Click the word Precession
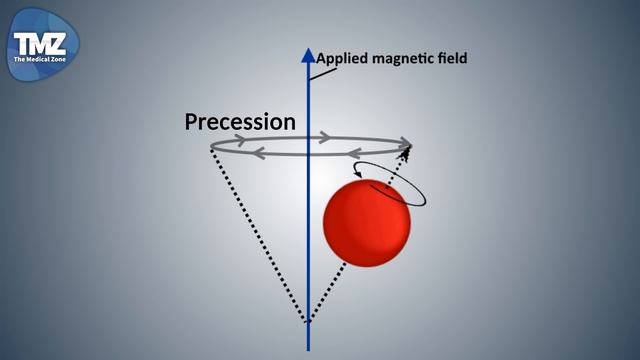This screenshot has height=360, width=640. point(240,122)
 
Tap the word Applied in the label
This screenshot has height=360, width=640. point(344,58)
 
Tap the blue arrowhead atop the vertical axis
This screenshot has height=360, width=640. point(308,56)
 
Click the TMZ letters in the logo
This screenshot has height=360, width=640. point(39,43)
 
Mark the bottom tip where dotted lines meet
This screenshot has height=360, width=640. point(308,323)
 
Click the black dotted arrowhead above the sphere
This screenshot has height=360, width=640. point(406,152)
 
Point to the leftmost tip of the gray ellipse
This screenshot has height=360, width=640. point(211,147)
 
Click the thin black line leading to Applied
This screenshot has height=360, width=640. point(314,69)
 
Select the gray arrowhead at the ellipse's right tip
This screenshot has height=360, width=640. point(405,141)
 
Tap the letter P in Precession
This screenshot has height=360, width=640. point(193,122)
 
